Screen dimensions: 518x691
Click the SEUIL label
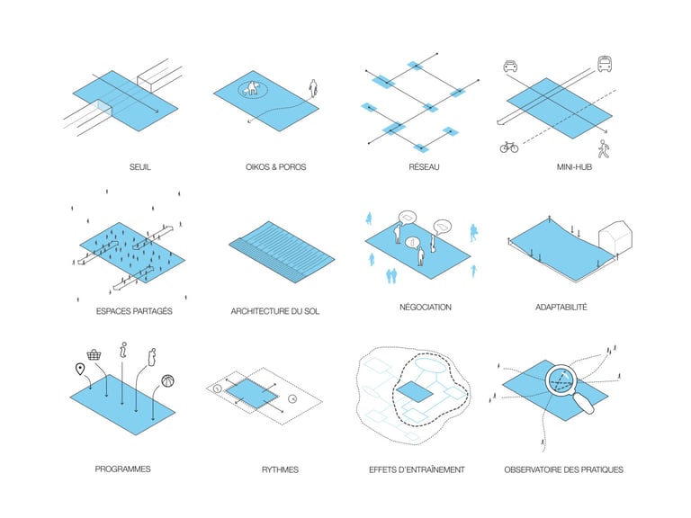point(139,166)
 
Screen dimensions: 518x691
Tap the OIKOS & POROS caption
point(275,166)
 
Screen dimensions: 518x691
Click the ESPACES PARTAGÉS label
point(133,311)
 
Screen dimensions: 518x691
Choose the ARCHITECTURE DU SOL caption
point(275,311)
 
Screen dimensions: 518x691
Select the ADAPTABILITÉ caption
point(561,307)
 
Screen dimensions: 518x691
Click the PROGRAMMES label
point(122,469)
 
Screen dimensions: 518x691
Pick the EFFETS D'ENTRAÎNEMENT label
point(417,469)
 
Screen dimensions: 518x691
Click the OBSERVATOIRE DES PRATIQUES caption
point(563,469)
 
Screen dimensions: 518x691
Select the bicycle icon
point(509,146)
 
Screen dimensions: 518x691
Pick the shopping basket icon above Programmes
point(116,355)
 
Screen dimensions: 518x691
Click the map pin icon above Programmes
point(80,370)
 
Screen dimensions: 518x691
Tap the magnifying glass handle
point(586,406)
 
